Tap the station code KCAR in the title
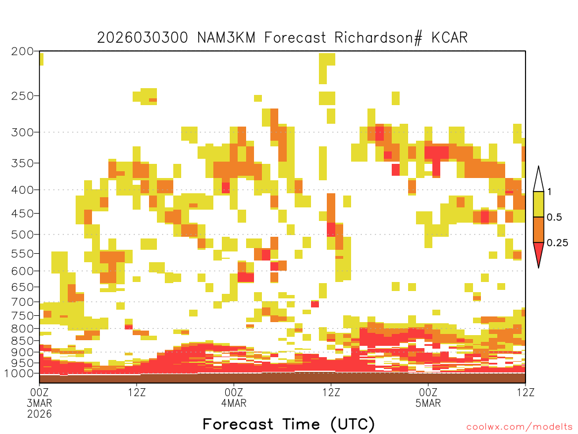point(449,38)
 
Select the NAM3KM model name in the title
point(226,38)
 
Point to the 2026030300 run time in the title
point(142,38)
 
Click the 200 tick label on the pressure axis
point(22,51)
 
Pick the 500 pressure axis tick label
point(22,235)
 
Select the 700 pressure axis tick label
point(22,302)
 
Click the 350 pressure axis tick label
point(22,163)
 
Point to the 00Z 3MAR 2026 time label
point(40,402)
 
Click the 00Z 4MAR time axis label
point(234,397)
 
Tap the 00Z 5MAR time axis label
point(428,397)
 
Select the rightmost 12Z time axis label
point(526,392)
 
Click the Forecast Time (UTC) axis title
point(288,424)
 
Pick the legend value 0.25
point(557,243)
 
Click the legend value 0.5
point(554,218)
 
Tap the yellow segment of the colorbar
point(538,204)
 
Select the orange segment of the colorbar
point(538,229)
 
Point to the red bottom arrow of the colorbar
point(538,253)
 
